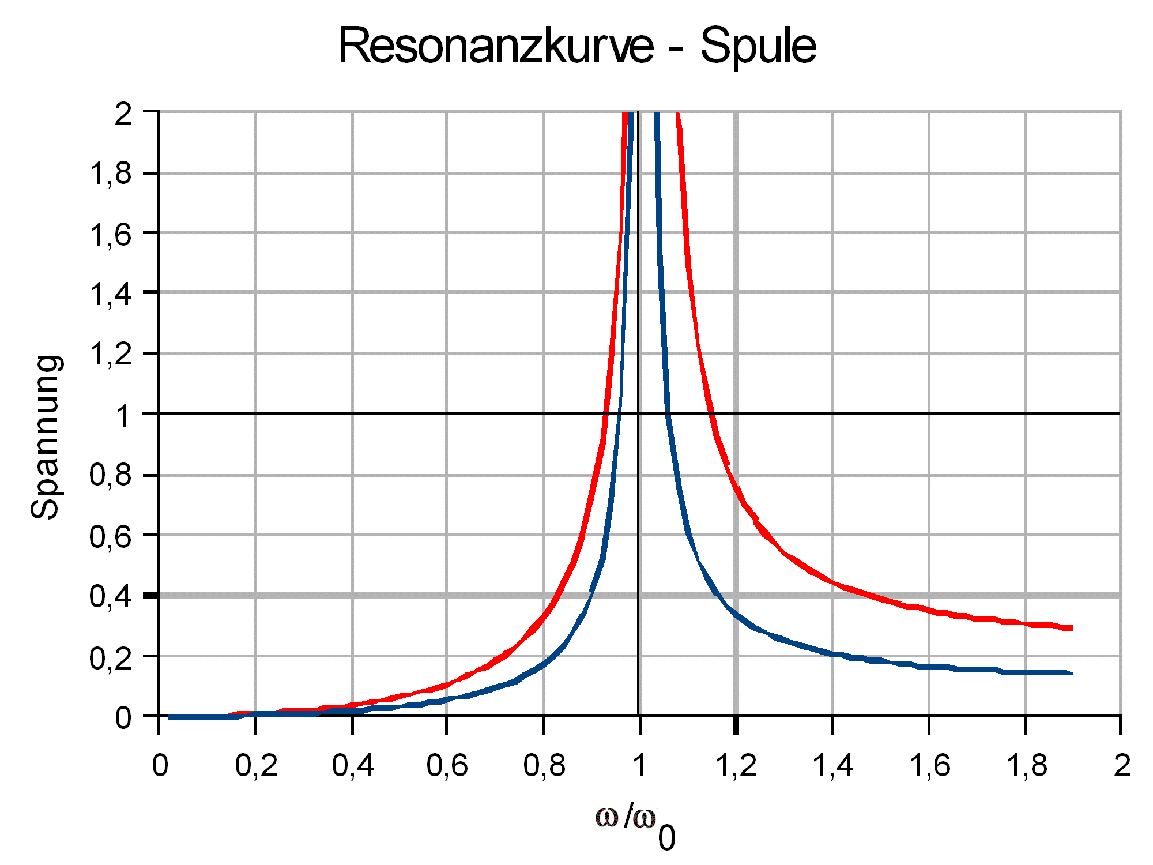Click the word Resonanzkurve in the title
pos(495,46)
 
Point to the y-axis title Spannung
pos(46,437)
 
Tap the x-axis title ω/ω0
pos(634,825)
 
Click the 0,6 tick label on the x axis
pos(447,766)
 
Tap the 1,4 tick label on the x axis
pos(832,766)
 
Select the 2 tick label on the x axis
pos(1121,766)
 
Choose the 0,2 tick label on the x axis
pos(256,766)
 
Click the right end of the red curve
pos(1071,628)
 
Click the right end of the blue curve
pos(1071,673)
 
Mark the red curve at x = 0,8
pos(544,616)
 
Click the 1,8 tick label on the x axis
pos(1026,766)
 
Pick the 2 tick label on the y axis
pos(123,114)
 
